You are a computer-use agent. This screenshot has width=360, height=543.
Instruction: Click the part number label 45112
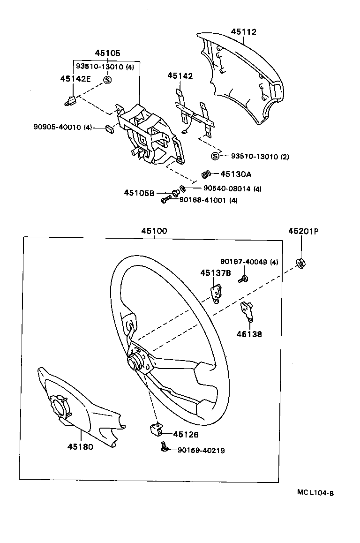[243, 32]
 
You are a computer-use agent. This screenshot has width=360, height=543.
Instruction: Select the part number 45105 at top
[107, 53]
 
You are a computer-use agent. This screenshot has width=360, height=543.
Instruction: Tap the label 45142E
[75, 78]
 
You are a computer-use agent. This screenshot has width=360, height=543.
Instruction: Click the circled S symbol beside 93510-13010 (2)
[215, 157]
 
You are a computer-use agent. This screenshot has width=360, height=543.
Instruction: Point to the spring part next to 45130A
[206, 174]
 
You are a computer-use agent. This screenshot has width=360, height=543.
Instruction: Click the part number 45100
[154, 231]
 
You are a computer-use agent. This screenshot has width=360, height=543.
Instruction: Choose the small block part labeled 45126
[156, 429]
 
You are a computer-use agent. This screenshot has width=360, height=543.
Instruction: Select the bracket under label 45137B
[216, 292]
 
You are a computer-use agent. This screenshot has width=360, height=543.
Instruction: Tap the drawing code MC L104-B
[315, 492]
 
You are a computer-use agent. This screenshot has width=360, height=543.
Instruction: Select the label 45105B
[139, 193]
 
